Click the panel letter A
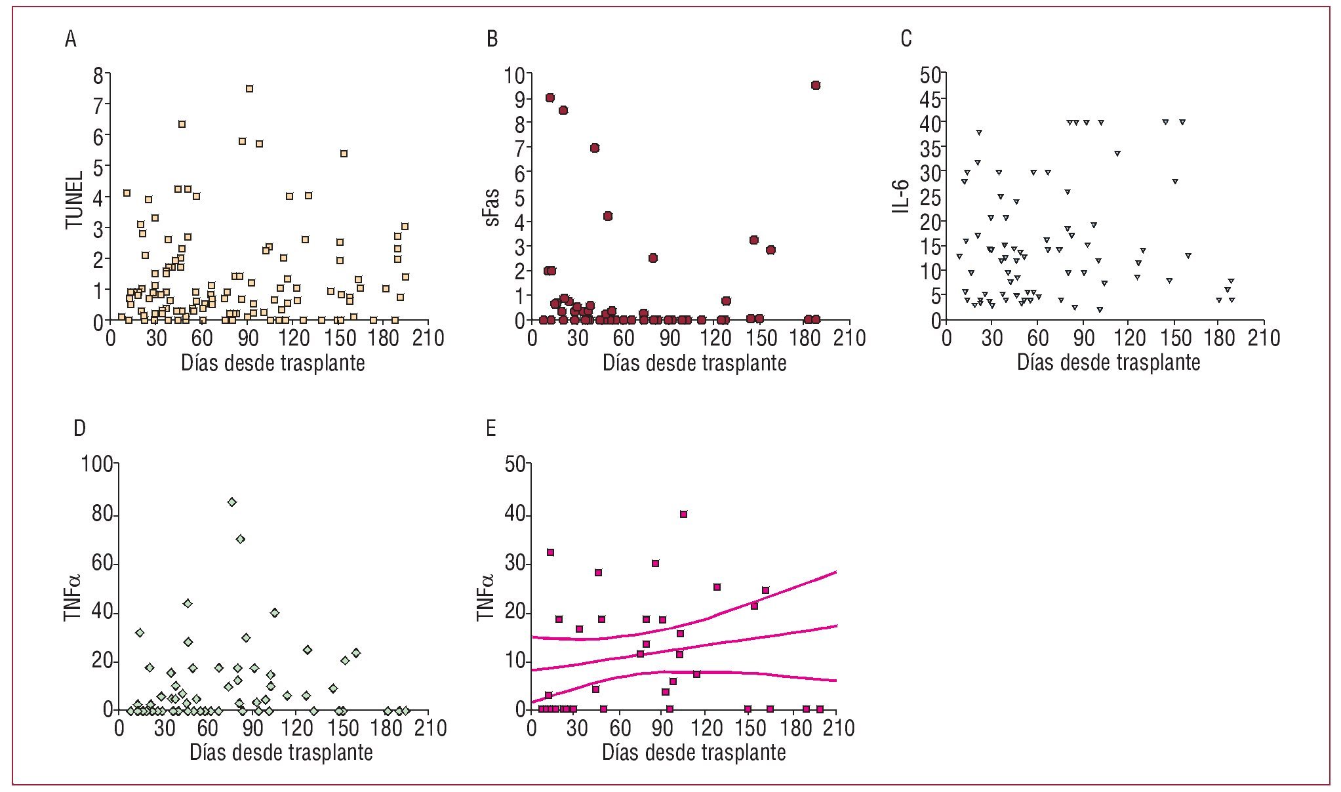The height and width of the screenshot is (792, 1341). pos(71,39)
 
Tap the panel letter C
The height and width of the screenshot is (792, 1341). pos(906,39)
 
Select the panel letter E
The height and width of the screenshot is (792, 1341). pos(490,429)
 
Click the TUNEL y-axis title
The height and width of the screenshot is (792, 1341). pos(75,200)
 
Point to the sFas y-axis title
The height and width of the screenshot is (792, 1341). pos(492,207)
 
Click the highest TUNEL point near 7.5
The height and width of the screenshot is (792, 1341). pos(249,89)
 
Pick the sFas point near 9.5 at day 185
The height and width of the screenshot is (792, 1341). pos(816,85)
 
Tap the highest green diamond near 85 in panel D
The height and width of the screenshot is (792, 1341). pos(231,502)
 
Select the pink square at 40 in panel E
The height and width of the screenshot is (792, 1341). pos(683,515)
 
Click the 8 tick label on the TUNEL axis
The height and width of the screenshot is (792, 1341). pos(98,76)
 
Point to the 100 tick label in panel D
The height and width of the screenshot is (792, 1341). pos(96,464)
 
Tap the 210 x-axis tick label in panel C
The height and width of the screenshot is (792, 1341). pos(1264,338)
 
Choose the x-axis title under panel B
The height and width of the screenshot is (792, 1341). pos(694,363)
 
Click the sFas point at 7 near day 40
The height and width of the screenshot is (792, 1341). pos(595,148)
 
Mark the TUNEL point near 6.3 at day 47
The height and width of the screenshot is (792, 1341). pos(182,124)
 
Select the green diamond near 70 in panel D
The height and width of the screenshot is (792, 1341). pos(241,539)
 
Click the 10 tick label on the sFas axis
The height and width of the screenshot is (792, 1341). pos(514,76)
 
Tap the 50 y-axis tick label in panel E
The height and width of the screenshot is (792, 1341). pos(515,464)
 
